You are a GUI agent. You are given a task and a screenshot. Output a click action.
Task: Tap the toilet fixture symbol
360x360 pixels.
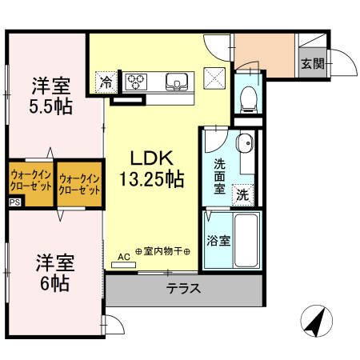[x=248, y=98]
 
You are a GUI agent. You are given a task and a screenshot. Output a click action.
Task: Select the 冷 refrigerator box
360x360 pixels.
[x=106, y=81]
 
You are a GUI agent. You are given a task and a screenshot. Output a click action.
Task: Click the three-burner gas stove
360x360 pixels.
[x=137, y=80]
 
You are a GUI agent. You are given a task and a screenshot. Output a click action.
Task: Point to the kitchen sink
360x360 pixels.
[x=178, y=80]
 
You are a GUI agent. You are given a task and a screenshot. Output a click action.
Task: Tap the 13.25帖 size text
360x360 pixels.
[x=151, y=178]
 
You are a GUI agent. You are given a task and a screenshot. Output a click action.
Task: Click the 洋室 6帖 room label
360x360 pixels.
[x=54, y=272]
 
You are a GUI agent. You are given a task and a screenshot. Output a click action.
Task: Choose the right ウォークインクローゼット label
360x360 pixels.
[x=80, y=185]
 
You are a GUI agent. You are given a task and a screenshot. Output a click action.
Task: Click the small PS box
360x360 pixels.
[x=14, y=203]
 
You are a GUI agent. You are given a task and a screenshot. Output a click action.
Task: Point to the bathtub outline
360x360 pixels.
[x=246, y=240]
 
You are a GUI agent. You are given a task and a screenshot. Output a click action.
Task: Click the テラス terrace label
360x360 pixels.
[x=183, y=290]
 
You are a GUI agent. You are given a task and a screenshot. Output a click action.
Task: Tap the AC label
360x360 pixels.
[x=124, y=256]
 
